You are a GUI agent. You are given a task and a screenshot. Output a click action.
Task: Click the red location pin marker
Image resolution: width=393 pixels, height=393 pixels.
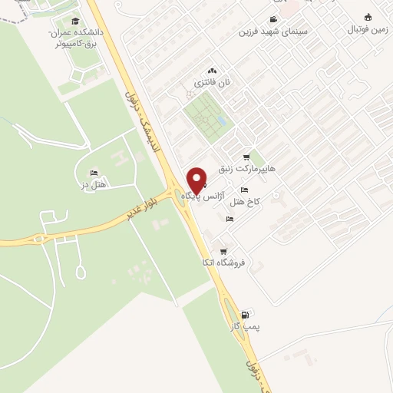tap(196, 179)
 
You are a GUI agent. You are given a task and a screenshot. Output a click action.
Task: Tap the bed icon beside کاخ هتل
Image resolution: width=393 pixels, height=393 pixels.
tap(244, 190)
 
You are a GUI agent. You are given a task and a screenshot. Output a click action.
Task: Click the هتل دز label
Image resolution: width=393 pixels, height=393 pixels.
tap(96, 184)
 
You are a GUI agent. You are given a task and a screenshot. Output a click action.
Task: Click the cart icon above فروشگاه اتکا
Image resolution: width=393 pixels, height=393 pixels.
tap(223, 251)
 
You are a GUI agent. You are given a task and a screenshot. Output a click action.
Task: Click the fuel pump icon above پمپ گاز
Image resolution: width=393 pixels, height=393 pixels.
tap(245, 314)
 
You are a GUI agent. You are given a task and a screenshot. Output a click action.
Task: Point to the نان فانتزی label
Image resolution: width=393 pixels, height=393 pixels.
tap(213, 81)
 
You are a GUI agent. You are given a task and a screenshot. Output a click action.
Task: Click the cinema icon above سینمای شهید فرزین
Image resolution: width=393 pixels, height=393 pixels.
tap(273, 20)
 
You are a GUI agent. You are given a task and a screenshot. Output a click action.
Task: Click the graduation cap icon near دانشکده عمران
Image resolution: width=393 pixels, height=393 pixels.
tap(74, 21)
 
